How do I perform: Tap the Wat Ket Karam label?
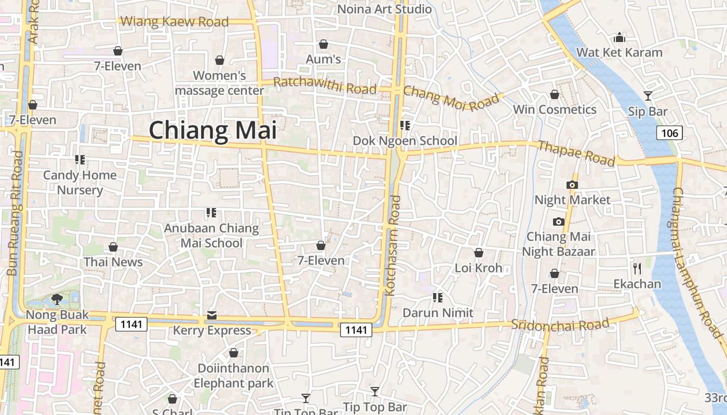coord(620,52)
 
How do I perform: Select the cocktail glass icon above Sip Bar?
coord(648,95)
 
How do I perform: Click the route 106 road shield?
coord(669,133)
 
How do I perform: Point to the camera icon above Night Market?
coord(572,185)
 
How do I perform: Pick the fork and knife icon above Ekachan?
coord(637,269)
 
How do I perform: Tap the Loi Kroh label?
coord(478,268)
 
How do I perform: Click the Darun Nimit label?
coord(438,313)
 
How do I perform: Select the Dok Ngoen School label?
coord(405,141)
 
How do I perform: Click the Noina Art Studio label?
coord(385,9)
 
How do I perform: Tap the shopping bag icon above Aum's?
coord(324,45)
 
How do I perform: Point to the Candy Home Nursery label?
coord(80,182)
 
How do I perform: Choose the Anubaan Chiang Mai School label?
coord(211,236)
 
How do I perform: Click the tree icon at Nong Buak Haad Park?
coord(57,299)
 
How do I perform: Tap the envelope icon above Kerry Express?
coord(212,315)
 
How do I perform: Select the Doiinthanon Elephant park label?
coord(234,376)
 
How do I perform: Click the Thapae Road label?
coord(576,153)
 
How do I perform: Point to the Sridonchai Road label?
coord(560,325)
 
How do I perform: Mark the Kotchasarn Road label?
coord(394,245)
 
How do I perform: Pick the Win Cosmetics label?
coord(555,109)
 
